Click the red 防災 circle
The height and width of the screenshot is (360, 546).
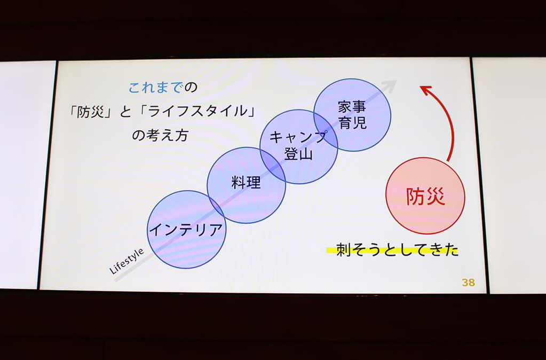click(x=425, y=195)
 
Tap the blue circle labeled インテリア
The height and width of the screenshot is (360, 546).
click(x=186, y=229)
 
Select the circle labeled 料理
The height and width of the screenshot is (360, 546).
click(x=246, y=185)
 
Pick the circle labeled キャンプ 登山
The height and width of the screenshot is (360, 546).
click(x=299, y=147)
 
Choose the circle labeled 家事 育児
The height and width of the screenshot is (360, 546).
click(x=352, y=115)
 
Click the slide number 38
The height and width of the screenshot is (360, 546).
click(x=469, y=282)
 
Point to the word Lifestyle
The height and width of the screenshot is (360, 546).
click(x=126, y=261)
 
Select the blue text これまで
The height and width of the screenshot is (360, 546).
click(x=155, y=88)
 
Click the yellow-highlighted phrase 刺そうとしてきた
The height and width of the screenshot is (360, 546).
click(x=397, y=250)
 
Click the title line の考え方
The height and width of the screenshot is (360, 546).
click(x=160, y=135)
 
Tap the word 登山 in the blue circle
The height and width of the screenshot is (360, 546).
click(x=298, y=154)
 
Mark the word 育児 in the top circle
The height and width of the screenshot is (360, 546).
click(x=352, y=123)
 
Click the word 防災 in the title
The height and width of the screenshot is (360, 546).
click(x=91, y=112)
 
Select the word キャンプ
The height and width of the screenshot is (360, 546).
click(x=298, y=137)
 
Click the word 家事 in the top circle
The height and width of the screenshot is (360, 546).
click(x=352, y=107)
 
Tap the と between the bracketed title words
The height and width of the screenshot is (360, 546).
click(x=126, y=112)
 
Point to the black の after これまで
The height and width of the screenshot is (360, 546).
click(x=191, y=88)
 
